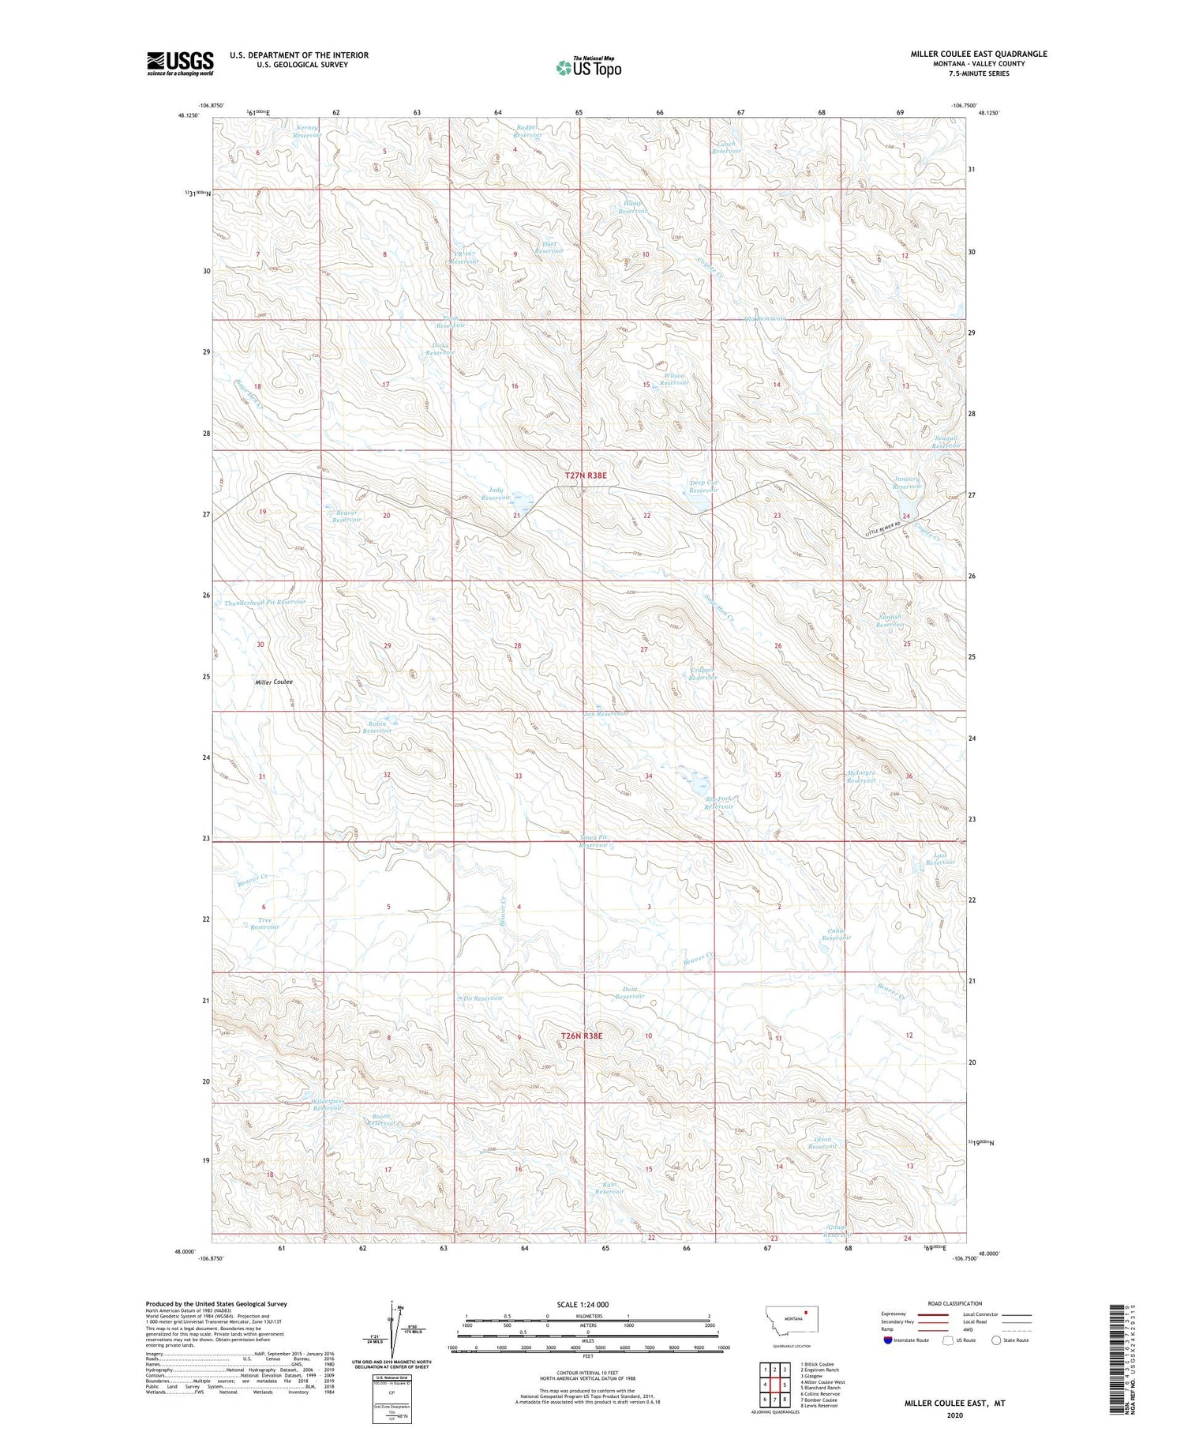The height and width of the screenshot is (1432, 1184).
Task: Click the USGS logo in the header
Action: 180,63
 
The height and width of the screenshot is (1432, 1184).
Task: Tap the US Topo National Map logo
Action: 589,67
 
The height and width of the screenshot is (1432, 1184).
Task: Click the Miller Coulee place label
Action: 274,682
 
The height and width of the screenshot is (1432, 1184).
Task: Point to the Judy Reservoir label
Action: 496,494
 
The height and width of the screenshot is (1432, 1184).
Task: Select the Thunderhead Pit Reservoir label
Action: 264,602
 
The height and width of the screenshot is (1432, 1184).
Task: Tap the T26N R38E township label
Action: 582,1035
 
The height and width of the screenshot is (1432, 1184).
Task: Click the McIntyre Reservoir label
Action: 861,776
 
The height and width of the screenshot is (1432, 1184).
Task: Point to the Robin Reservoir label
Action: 377,727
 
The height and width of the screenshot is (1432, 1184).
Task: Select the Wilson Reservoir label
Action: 674,379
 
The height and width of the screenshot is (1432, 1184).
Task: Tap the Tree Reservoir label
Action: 264,923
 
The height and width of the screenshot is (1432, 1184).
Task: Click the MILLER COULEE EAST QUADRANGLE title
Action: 978,54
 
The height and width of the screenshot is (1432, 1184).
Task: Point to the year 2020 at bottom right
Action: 954,1415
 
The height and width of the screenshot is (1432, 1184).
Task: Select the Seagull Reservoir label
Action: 946,442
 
